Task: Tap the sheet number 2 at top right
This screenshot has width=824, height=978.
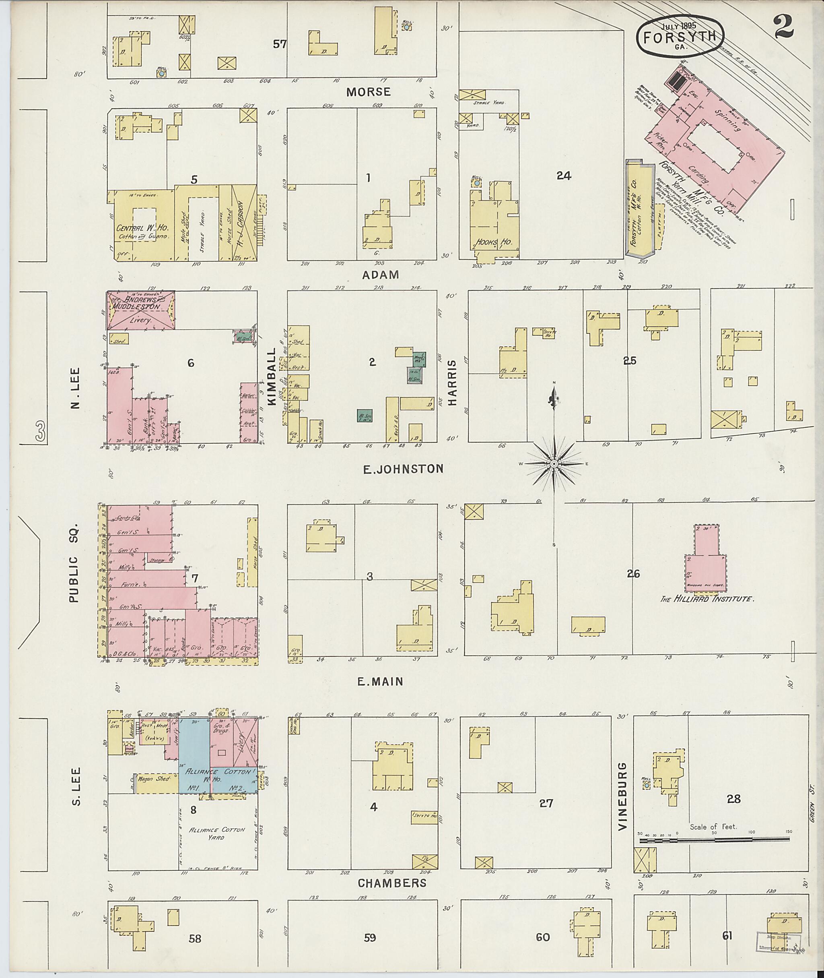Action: click(784, 27)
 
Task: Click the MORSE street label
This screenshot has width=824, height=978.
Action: click(369, 92)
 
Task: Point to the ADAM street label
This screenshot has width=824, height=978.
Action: click(381, 275)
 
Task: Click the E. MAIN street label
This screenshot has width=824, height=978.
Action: click(380, 682)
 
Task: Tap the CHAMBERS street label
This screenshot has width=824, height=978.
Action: click(392, 883)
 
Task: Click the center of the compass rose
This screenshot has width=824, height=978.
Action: click(554, 463)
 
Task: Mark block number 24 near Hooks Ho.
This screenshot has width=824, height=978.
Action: click(564, 176)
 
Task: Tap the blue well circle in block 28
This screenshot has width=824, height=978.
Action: click(647, 786)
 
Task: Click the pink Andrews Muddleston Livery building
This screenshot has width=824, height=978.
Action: click(141, 311)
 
